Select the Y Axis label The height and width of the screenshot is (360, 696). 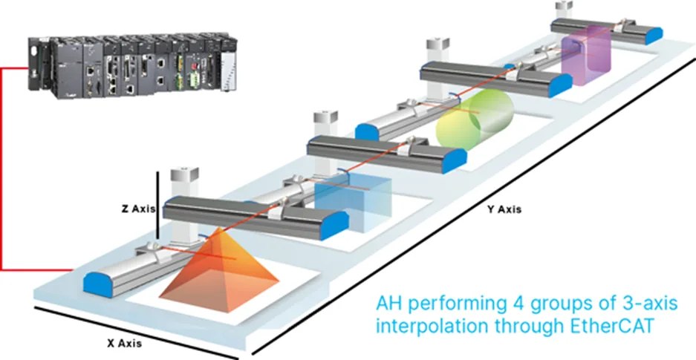(x=504, y=209)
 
